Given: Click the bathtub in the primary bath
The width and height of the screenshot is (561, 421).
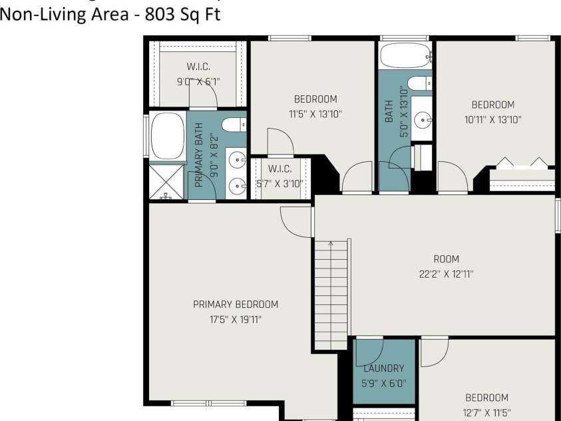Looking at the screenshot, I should pyautogui.click(x=167, y=137).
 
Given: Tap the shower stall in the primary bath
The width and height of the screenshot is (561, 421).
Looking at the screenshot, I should pyautogui.click(x=166, y=181).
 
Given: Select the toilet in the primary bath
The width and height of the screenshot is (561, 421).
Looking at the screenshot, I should pyautogui.click(x=234, y=125).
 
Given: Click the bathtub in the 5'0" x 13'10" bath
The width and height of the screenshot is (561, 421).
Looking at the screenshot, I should pyautogui.click(x=405, y=57).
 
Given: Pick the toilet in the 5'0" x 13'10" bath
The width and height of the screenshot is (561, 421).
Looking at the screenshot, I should pyautogui.click(x=419, y=83).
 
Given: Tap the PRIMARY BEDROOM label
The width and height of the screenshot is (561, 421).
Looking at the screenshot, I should pyautogui.click(x=236, y=304).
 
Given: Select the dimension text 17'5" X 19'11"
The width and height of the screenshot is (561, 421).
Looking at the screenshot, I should pyautogui.click(x=236, y=319).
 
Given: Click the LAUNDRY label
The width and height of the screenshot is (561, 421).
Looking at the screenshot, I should pyautogui.click(x=384, y=368).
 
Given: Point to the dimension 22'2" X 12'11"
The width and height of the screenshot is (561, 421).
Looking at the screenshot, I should pyautogui.click(x=446, y=274).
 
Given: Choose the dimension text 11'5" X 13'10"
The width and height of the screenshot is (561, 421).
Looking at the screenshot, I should pyautogui.click(x=315, y=114).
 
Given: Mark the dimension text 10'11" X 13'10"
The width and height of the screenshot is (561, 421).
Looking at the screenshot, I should pyautogui.click(x=492, y=120).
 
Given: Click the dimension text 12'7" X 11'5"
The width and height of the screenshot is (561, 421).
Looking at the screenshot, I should pyautogui.click(x=486, y=412).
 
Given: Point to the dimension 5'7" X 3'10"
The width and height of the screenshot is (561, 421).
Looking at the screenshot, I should pyautogui.click(x=280, y=184).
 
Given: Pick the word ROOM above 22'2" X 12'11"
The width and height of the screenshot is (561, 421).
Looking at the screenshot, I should pyautogui.click(x=446, y=259).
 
